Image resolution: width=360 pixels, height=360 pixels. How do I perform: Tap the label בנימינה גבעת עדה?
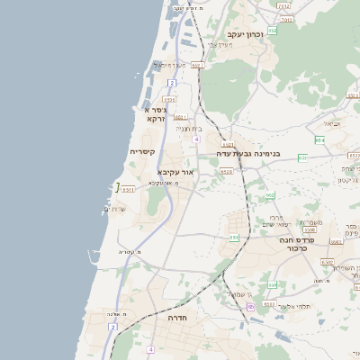click(x=248, y=154)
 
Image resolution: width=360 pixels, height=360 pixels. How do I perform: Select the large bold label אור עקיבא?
click(x=175, y=171)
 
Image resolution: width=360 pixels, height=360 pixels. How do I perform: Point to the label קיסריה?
click(x=142, y=152)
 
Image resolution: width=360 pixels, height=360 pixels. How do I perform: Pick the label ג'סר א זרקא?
click(x=154, y=114)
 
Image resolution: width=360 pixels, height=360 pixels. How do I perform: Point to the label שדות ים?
click(x=115, y=209)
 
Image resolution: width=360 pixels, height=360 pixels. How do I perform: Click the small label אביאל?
click(x=333, y=123)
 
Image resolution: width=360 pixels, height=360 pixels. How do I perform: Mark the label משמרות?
click(x=311, y=222)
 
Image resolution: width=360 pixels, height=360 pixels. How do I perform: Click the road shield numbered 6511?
click(x=127, y=189)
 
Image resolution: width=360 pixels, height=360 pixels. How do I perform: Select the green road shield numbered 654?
click(x=319, y=139)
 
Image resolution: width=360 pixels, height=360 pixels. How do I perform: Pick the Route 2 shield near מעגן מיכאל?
click(x=171, y=83)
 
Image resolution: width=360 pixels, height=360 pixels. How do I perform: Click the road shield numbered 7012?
click(x=283, y=5)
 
